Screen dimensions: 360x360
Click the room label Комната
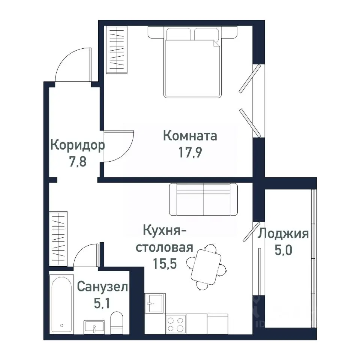(190, 135)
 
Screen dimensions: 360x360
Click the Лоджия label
(283, 234)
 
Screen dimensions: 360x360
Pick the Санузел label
(102, 287)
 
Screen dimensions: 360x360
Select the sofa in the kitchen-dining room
(203, 199)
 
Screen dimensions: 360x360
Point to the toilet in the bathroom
(117, 322)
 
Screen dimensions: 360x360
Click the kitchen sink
(154, 303)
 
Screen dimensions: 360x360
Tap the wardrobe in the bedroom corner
(117, 49)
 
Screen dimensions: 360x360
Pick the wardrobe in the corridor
(58, 238)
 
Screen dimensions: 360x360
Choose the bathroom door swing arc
(85, 255)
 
